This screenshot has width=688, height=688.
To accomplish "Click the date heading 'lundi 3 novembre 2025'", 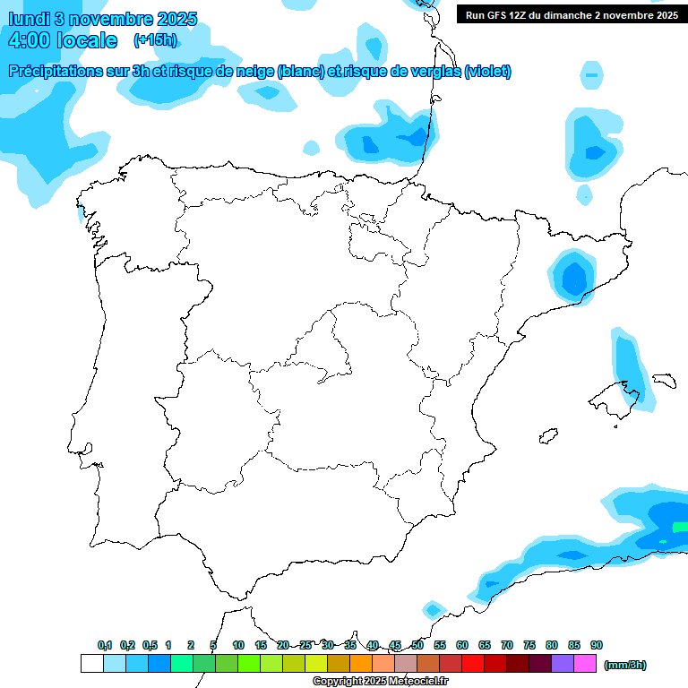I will click(x=103, y=19).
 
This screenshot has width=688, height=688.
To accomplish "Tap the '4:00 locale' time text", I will click(x=62, y=40).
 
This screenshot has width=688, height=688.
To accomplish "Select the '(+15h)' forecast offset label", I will click(x=155, y=40).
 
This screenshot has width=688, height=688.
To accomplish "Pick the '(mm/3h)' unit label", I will click(x=624, y=665).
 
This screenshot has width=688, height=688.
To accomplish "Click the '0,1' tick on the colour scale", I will click(x=105, y=646).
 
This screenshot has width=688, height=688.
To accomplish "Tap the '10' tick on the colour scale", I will click(x=238, y=646).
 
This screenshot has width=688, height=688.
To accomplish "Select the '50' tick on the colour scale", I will click(x=417, y=646).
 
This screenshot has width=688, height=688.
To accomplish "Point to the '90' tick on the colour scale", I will click(x=597, y=646).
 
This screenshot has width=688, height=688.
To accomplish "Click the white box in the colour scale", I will click(x=91, y=664).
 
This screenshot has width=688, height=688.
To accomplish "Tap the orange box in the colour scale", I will click(x=361, y=664).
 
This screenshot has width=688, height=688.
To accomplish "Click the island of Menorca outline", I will click(x=664, y=380).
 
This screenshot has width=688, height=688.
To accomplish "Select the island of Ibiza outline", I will click(x=547, y=436).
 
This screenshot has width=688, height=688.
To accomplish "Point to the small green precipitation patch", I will click(x=680, y=528).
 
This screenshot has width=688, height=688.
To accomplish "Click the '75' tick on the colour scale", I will click(x=529, y=646).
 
